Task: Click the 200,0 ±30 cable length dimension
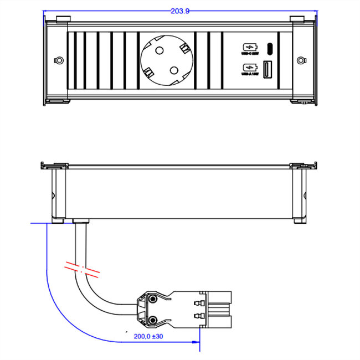click(149, 336)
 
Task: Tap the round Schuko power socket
click(166, 60)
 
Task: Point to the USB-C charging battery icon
click(248, 47)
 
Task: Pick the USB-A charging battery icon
click(248, 69)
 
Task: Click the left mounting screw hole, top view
click(57, 60)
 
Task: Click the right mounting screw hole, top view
click(301, 60)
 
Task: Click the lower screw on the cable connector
click(150, 319)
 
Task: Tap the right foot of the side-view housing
click(299, 221)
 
